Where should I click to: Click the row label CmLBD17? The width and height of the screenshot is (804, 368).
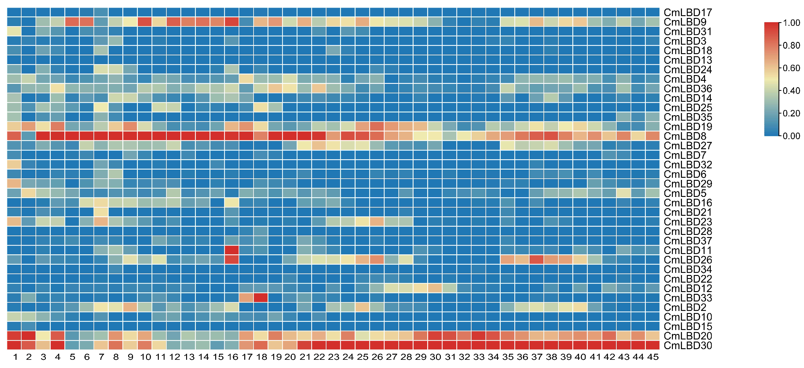(688, 12)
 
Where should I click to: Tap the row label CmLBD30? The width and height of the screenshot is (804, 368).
(688, 346)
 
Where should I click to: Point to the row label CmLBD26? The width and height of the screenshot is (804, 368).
(688, 260)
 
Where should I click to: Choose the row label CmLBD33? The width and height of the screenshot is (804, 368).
(688, 298)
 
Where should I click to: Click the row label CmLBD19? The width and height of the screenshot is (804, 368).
(688, 126)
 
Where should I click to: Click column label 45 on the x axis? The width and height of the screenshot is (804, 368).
(652, 357)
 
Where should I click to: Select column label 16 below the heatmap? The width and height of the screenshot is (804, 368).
(232, 357)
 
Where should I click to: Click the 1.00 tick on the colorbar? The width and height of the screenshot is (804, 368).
(791, 23)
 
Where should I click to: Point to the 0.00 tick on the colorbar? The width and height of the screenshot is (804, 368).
(791, 136)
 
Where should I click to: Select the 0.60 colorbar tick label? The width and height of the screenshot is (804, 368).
(791, 68)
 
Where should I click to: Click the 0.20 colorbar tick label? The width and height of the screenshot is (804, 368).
(791, 113)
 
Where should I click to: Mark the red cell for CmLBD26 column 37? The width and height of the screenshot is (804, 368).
(536, 260)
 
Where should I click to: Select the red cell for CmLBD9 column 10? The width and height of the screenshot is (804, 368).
(145, 22)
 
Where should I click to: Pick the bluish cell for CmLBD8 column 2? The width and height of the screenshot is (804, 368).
(29, 136)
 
